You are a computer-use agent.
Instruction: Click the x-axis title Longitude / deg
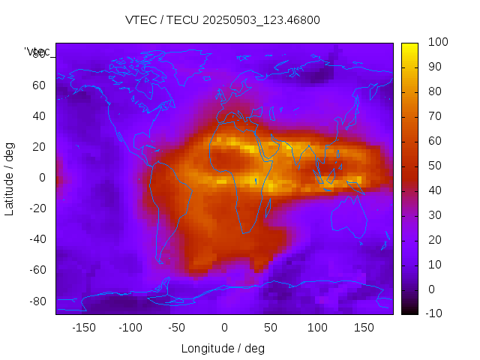pos(223,348)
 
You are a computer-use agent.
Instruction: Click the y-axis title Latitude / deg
pos(10,178)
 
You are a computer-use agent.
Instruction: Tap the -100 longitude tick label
pos(130,327)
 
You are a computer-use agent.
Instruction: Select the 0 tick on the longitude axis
pos(223,327)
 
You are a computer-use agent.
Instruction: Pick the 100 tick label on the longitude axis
pos(317,327)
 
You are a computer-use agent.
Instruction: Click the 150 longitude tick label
pos(364,327)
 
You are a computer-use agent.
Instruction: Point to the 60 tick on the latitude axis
pos(38,85)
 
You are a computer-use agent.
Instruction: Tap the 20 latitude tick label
pos(38,147)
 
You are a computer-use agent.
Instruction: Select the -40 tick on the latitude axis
pos(35,239)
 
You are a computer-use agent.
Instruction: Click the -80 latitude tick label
pos(35,301)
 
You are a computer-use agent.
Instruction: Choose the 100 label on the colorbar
pos(437,43)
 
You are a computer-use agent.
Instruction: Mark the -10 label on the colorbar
pos(434,313)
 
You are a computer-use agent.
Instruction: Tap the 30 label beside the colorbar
pos(434,215)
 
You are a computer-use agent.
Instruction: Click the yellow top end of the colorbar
pos(409,46)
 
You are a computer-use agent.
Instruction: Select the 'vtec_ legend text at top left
pos(38,52)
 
